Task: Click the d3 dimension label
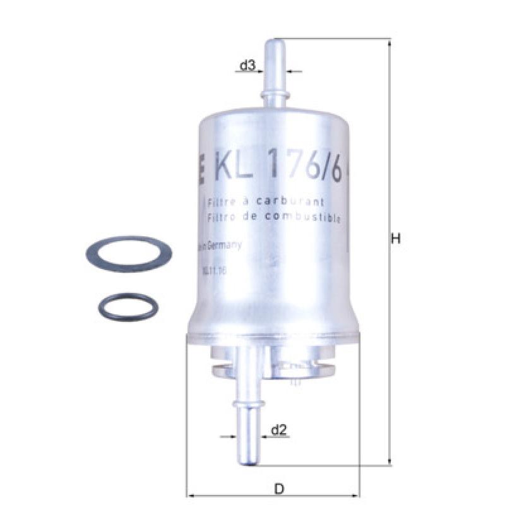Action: (x=247, y=64)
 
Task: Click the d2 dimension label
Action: (x=279, y=430)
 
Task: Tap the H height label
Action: (x=396, y=239)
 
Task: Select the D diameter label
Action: (x=278, y=488)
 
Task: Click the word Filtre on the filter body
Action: (x=222, y=202)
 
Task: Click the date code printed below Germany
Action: (x=213, y=270)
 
